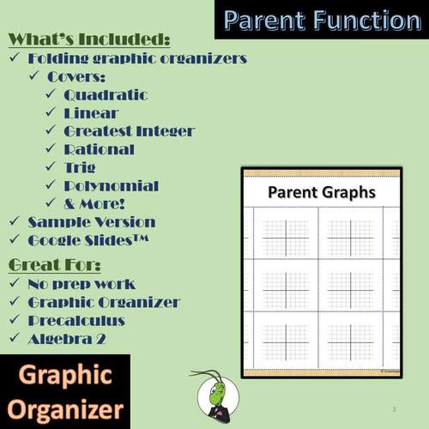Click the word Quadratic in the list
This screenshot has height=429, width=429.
click(x=106, y=95)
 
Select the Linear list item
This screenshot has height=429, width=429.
click(x=91, y=113)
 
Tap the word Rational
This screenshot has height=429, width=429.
click(x=99, y=149)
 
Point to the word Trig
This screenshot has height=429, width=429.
click(x=80, y=167)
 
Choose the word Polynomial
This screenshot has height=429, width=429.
click(x=111, y=185)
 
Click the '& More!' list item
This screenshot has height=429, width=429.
click(x=94, y=203)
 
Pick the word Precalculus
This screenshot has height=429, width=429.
click(x=76, y=320)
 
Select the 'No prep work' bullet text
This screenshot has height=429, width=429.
click(x=82, y=283)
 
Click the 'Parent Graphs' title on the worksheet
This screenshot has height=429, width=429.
click(x=321, y=192)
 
